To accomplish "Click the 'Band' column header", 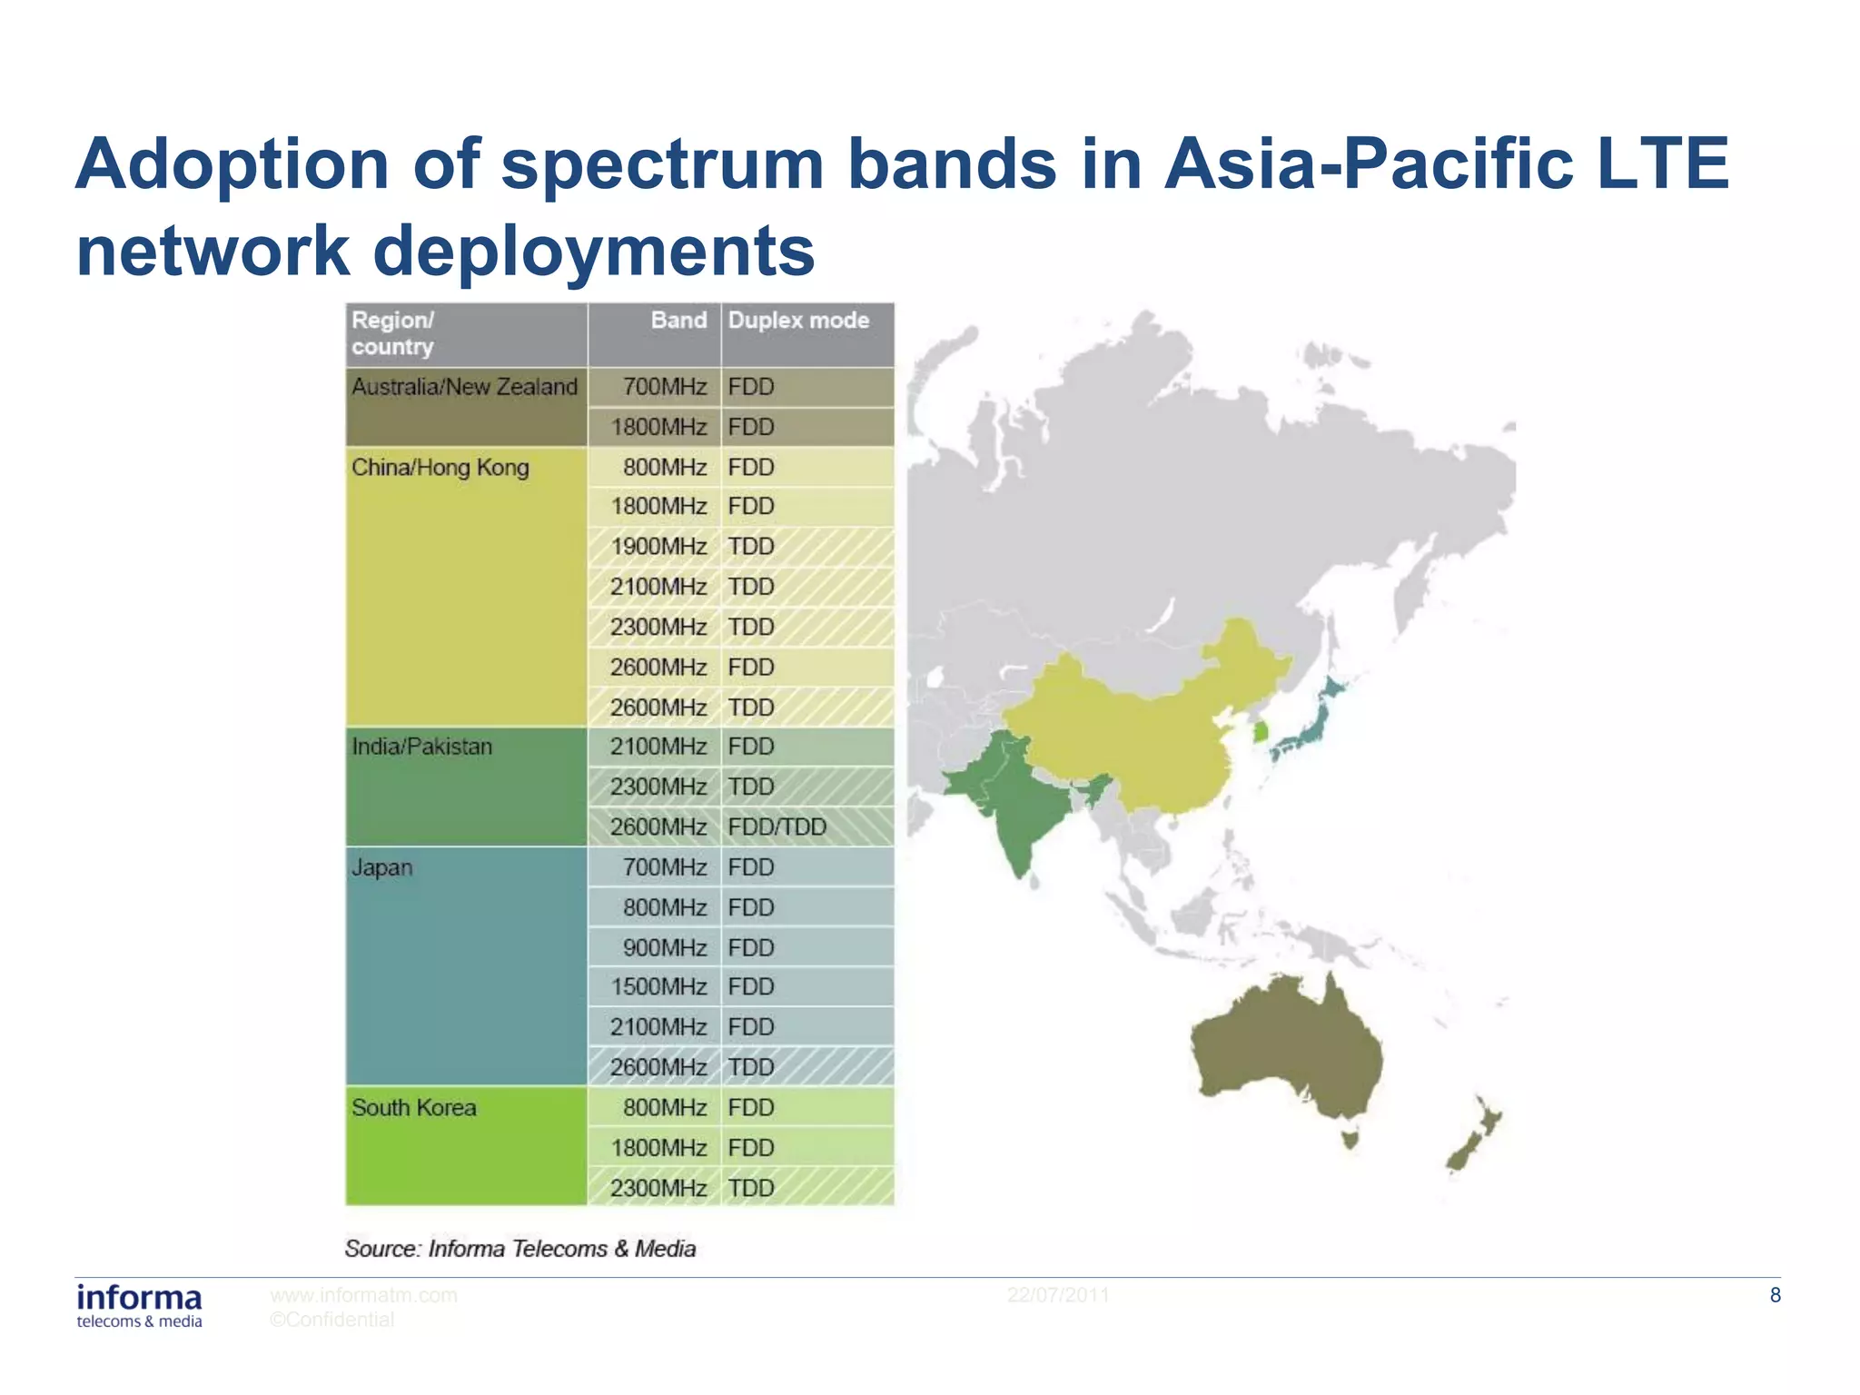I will [x=678, y=321].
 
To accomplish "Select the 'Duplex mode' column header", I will [x=798, y=321].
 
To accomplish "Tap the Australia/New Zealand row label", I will [x=464, y=388].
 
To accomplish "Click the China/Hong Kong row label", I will [x=440, y=468].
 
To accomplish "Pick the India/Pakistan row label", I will [x=422, y=747].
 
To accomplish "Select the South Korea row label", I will [x=414, y=1108].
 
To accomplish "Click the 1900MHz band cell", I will [x=658, y=547].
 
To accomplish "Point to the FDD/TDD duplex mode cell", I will [x=777, y=827].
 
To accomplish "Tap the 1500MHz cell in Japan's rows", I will [x=658, y=987].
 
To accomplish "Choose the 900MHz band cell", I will [x=664, y=948].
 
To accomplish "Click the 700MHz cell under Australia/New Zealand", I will [x=664, y=388].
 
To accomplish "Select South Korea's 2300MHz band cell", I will [x=658, y=1189].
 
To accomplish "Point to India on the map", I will [x=1017, y=808].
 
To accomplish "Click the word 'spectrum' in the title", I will [x=662, y=164].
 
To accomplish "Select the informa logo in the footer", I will [x=139, y=1305].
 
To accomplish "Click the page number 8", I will [x=1775, y=1296].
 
